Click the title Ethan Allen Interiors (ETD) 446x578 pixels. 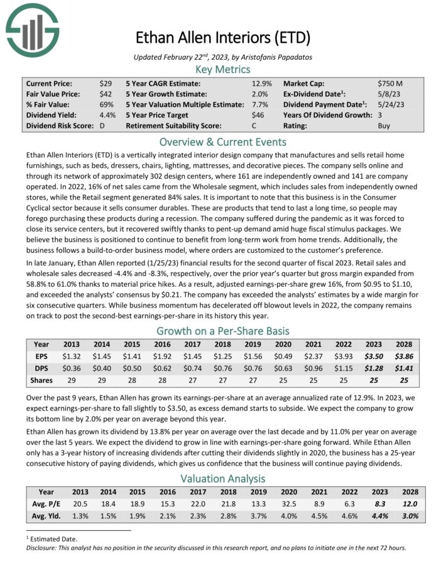coord(222,38)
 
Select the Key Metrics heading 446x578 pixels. coord(222,69)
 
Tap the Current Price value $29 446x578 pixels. coord(106,83)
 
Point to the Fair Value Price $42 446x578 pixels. coord(106,94)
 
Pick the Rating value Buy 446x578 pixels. coord(384,126)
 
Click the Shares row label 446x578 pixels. coord(41,380)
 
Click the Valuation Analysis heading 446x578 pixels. coord(222,479)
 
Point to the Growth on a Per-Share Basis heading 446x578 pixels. coord(222,331)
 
